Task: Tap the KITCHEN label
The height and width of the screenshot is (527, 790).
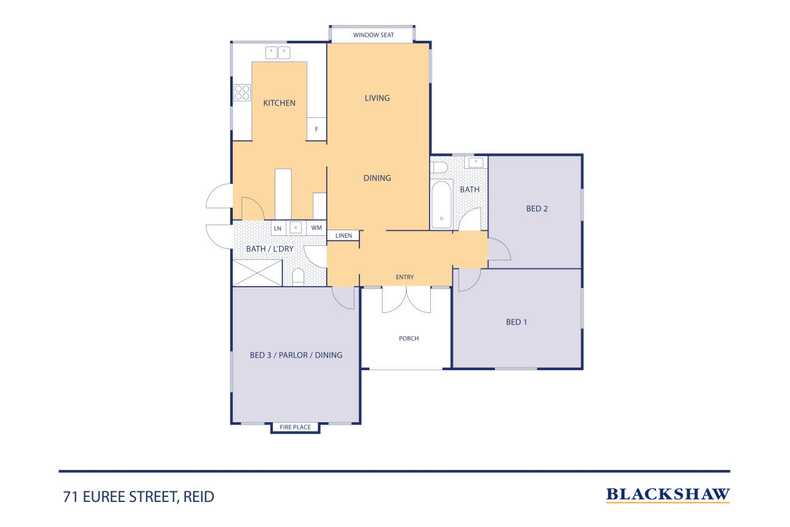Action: click(279, 103)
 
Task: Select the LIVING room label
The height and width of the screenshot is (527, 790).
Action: click(377, 98)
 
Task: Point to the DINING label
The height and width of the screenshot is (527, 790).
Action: click(377, 178)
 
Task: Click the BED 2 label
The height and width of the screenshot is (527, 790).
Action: click(537, 209)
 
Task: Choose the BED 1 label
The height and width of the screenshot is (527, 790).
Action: click(516, 322)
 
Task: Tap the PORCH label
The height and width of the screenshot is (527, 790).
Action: click(408, 339)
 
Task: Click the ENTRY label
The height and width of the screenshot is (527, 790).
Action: click(405, 277)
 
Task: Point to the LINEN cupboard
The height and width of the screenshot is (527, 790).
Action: click(343, 236)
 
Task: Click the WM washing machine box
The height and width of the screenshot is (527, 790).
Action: click(316, 228)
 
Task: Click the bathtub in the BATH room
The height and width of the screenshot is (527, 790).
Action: click(441, 200)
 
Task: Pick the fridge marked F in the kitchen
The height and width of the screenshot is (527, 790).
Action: click(317, 129)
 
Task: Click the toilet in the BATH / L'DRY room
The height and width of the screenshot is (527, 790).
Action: click(299, 275)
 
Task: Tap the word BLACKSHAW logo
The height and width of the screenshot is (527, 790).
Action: click(668, 494)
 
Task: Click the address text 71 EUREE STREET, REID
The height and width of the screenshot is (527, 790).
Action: click(137, 496)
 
